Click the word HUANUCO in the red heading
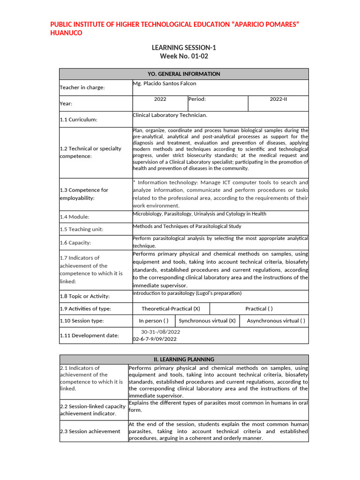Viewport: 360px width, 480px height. (x=66, y=33)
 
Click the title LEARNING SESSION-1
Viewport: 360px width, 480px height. (x=184, y=47)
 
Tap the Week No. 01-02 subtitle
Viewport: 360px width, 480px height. (x=184, y=56)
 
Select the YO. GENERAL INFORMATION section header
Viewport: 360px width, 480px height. (x=184, y=74)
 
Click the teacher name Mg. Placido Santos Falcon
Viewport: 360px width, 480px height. (x=165, y=83)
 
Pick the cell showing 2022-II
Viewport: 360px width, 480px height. (x=278, y=99)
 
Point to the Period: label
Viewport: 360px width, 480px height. (x=197, y=99)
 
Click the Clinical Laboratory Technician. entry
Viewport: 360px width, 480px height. (x=170, y=115)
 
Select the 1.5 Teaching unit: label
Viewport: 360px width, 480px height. (x=82, y=229)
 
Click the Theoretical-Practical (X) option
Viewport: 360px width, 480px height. (x=171, y=308)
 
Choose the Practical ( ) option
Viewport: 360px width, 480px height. (x=259, y=308)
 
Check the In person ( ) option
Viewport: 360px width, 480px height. (x=154, y=321)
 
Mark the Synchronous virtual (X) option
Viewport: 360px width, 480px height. (x=207, y=321)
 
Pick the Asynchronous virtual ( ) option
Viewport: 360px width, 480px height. (x=276, y=321)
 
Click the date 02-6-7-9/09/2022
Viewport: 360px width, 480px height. (x=155, y=338)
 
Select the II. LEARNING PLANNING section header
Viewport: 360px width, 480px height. (x=184, y=359)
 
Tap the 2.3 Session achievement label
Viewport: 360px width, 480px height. (x=90, y=431)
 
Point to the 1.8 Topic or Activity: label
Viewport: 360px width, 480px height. (x=85, y=296)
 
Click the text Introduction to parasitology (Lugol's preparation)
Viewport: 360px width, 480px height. (x=187, y=293)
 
